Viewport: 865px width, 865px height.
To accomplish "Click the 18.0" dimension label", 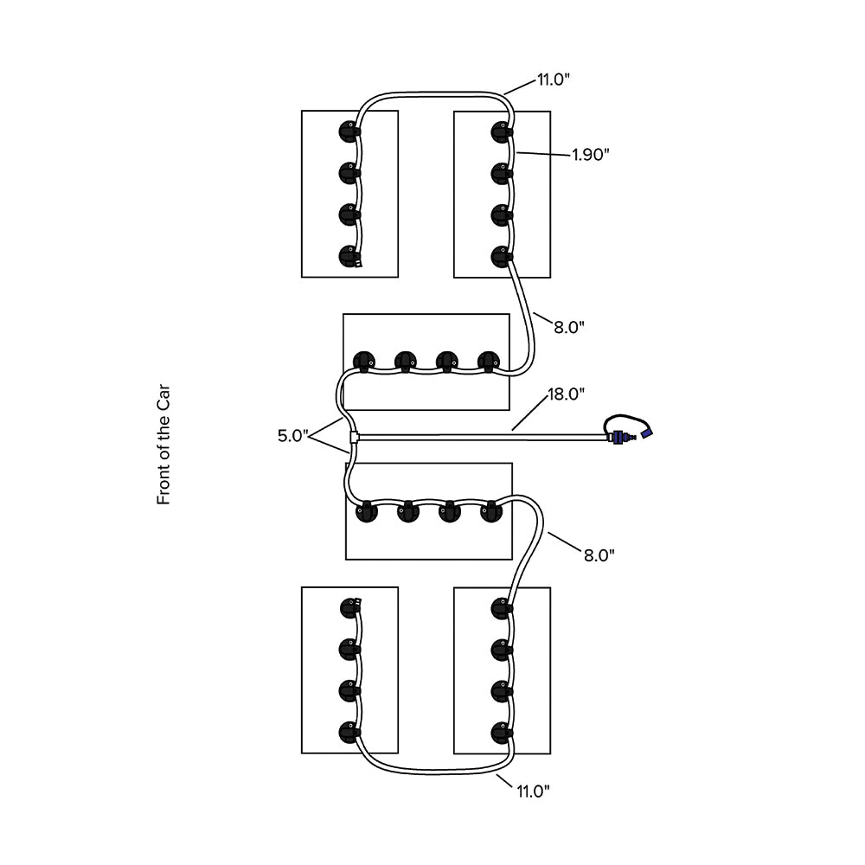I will (x=567, y=394).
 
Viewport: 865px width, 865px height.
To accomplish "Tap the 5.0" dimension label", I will (x=292, y=436).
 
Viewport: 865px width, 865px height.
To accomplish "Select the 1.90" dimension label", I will (x=591, y=155).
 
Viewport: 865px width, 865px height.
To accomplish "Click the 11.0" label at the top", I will (x=553, y=80).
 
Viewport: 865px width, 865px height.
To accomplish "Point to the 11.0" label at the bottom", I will (x=533, y=790).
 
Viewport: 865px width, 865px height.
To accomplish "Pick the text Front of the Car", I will (x=163, y=445).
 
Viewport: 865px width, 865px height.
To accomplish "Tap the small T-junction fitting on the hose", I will (x=354, y=438).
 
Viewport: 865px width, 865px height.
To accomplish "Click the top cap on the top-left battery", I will (x=348, y=132).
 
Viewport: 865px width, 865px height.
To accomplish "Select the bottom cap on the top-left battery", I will (x=348, y=256).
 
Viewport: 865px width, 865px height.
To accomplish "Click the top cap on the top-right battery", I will (x=501, y=132).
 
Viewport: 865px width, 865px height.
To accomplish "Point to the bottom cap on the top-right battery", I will (x=501, y=256).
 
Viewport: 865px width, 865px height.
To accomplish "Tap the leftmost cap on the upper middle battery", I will (x=364, y=361).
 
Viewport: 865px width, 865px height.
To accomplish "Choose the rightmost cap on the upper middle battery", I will (x=489, y=361).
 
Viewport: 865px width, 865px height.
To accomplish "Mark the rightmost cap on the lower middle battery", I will (x=491, y=511).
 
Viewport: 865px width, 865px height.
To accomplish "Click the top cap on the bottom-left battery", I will (x=349, y=607).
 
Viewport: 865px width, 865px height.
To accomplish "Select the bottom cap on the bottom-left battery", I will (x=349, y=732).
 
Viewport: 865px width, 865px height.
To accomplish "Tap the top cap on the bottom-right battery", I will (x=501, y=608).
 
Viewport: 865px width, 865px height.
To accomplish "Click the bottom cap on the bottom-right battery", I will (x=501, y=732).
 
